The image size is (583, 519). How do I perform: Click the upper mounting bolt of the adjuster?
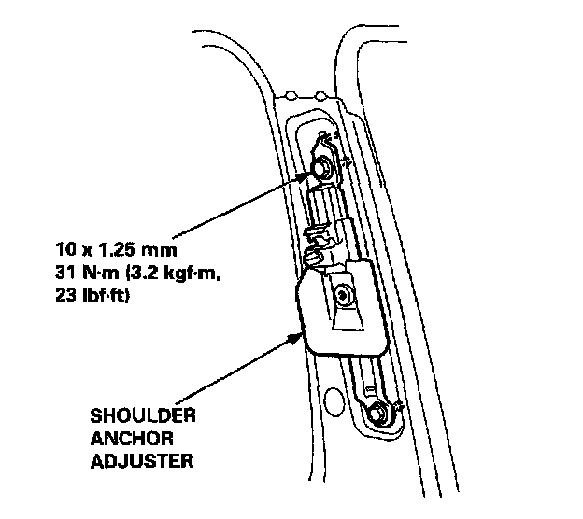click(x=321, y=169)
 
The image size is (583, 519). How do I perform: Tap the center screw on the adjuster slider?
click(x=345, y=296)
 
